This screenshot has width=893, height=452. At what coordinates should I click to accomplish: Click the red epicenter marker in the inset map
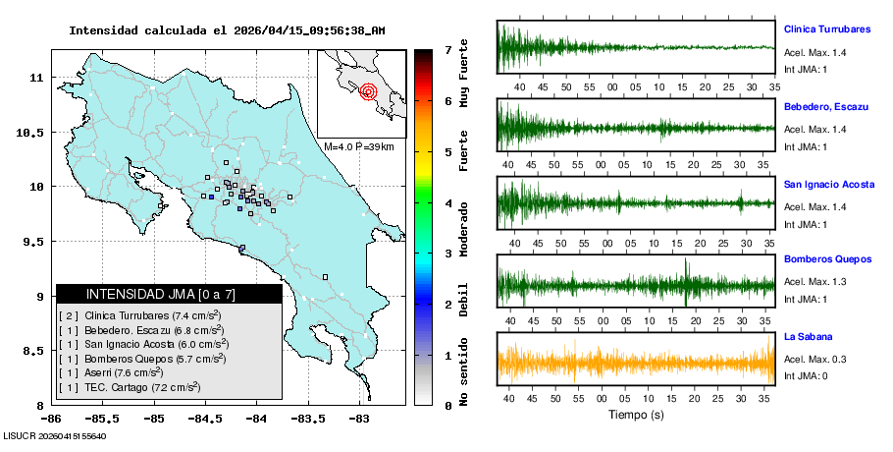tap(368, 92)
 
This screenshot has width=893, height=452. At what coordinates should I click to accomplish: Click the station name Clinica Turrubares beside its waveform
tap(827, 28)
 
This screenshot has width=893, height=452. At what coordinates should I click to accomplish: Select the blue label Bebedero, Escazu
tap(822, 106)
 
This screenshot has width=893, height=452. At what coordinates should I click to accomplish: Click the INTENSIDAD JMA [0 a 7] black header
tap(169, 294)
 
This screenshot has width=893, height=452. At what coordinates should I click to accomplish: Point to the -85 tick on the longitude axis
tap(153, 418)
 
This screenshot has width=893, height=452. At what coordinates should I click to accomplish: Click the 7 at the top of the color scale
tap(447, 49)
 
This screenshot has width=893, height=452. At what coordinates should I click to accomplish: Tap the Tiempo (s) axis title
tap(637, 416)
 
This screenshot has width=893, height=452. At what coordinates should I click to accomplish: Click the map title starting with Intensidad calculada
tap(227, 30)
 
